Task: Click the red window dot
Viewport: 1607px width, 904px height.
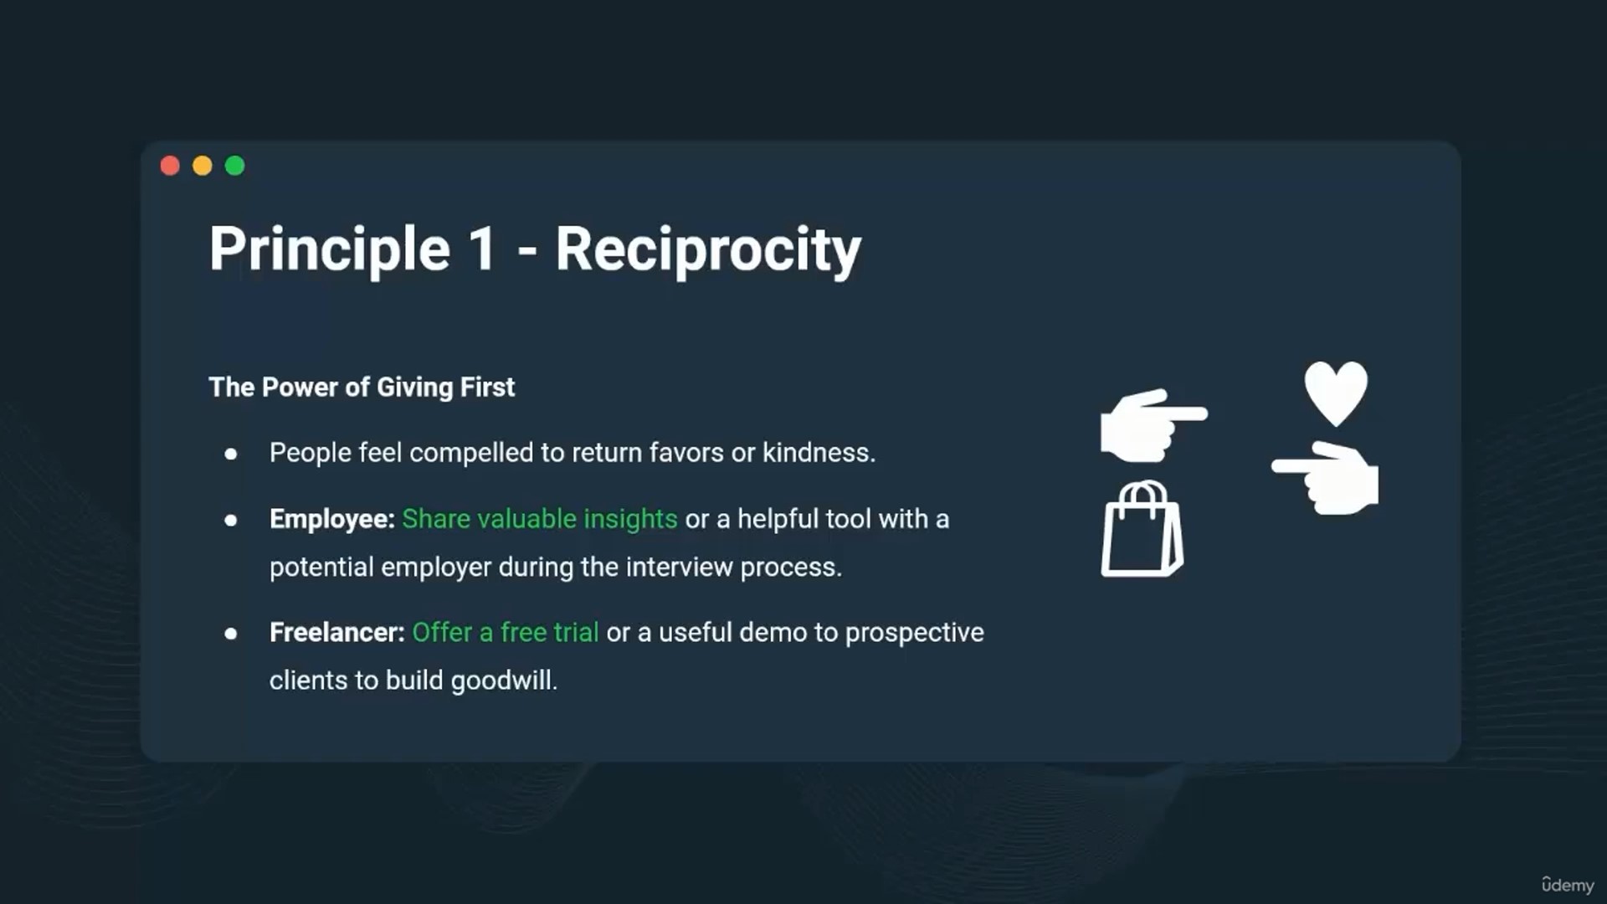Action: coord(170,166)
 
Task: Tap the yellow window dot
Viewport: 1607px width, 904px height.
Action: coord(203,166)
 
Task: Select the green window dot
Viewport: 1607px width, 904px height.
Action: coord(235,166)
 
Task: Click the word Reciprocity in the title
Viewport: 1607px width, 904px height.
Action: coord(708,249)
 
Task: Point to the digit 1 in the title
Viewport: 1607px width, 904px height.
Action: coord(482,249)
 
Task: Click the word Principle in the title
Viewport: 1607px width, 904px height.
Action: coord(330,249)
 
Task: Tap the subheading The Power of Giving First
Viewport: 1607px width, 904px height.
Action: coord(362,388)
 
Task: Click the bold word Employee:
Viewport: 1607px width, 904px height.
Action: coord(332,520)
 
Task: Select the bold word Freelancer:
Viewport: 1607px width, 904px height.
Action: coord(337,633)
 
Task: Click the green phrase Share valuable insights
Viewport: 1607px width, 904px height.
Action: coord(540,520)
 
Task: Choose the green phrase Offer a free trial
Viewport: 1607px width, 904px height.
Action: coord(506,633)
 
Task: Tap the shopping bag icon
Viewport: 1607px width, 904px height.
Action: coord(1142,529)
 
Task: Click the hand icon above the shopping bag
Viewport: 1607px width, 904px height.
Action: coord(1153,425)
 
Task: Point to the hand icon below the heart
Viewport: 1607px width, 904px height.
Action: coord(1326,478)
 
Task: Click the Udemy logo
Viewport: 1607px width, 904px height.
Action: coord(1568,885)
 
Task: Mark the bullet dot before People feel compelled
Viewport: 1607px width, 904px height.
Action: coord(231,455)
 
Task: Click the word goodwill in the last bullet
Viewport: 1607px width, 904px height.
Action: coord(504,681)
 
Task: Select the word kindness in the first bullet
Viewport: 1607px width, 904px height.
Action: coord(819,453)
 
